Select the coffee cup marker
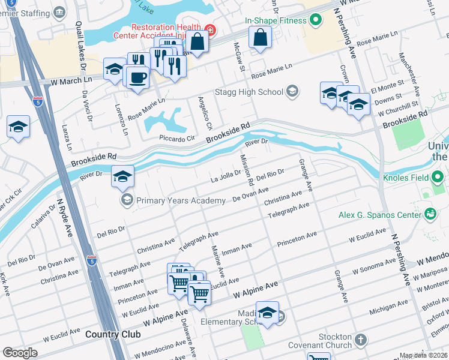[138, 77]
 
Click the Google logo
[20, 353]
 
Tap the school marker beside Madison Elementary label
[268, 313]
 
